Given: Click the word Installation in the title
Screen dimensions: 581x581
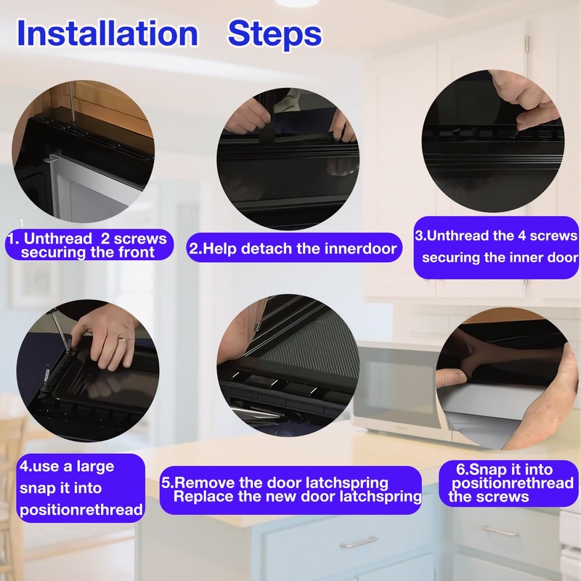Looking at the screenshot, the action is (107, 33).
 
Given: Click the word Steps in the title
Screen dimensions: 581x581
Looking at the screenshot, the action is (275, 35).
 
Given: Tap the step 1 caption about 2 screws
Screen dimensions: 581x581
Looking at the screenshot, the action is (89, 245).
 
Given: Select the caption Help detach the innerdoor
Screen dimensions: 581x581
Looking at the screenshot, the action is (294, 248).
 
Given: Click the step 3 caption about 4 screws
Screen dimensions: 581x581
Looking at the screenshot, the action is (496, 247).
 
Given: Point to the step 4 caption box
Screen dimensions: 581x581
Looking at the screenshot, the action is (81, 488).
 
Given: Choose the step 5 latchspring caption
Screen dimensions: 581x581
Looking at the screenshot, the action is (291, 489).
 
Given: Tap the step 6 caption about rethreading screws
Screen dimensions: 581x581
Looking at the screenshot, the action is (508, 483).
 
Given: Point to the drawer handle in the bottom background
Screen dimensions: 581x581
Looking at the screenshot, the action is (358, 543).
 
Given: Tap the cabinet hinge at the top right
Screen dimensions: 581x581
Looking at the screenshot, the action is (527, 44).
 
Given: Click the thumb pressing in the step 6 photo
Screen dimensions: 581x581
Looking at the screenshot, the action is (451, 378).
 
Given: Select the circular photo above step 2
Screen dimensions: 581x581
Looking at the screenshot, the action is (288, 159).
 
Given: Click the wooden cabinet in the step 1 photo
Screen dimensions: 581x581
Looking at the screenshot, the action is (111, 107).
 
